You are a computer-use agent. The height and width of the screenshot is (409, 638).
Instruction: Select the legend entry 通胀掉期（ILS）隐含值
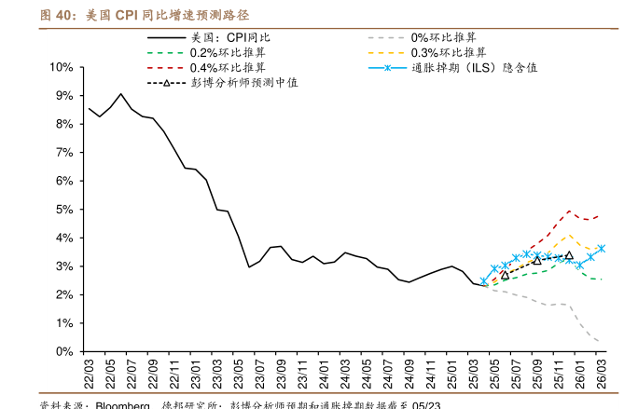tap(475, 68)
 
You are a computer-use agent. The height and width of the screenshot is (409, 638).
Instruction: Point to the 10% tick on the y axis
tap(62, 68)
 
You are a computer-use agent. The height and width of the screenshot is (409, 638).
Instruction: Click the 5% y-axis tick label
tap(64, 210)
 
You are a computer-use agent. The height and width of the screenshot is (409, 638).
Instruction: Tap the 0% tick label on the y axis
tap(64, 352)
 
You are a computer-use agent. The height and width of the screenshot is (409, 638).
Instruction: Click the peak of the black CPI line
tap(121, 93)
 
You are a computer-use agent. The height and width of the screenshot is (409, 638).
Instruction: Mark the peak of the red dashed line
tap(569, 211)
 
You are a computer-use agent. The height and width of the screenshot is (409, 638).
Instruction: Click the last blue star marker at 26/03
tap(602, 249)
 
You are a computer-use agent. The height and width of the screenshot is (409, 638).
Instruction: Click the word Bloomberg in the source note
tap(122, 406)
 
